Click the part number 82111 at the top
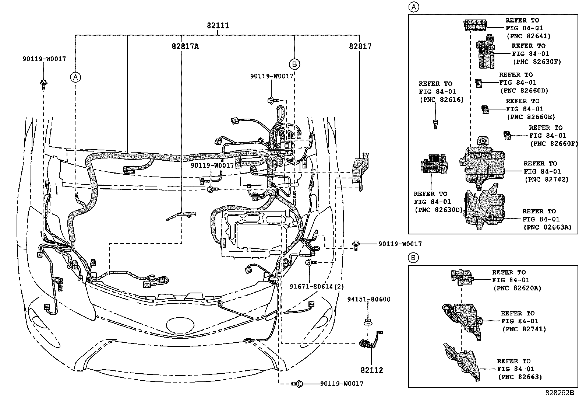pyautogui.click(x=218, y=25)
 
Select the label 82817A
pyautogui.click(x=185, y=46)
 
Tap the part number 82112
pyautogui.click(x=372, y=370)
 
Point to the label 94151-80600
pyautogui.click(x=368, y=299)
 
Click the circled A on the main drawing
pyautogui.click(x=75, y=77)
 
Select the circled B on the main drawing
pyautogui.click(x=294, y=64)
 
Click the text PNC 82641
pyautogui.click(x=529, y=36)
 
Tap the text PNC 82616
pyautogui.click(x=441, y=99)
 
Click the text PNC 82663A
pyautogui.click(x=547, y=227)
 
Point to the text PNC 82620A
pyautogui.click(x=517, y=288)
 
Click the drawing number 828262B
pyautogui.click(x=559, y=393)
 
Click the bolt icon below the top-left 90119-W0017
pyautogui.click(x=43, y=84)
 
